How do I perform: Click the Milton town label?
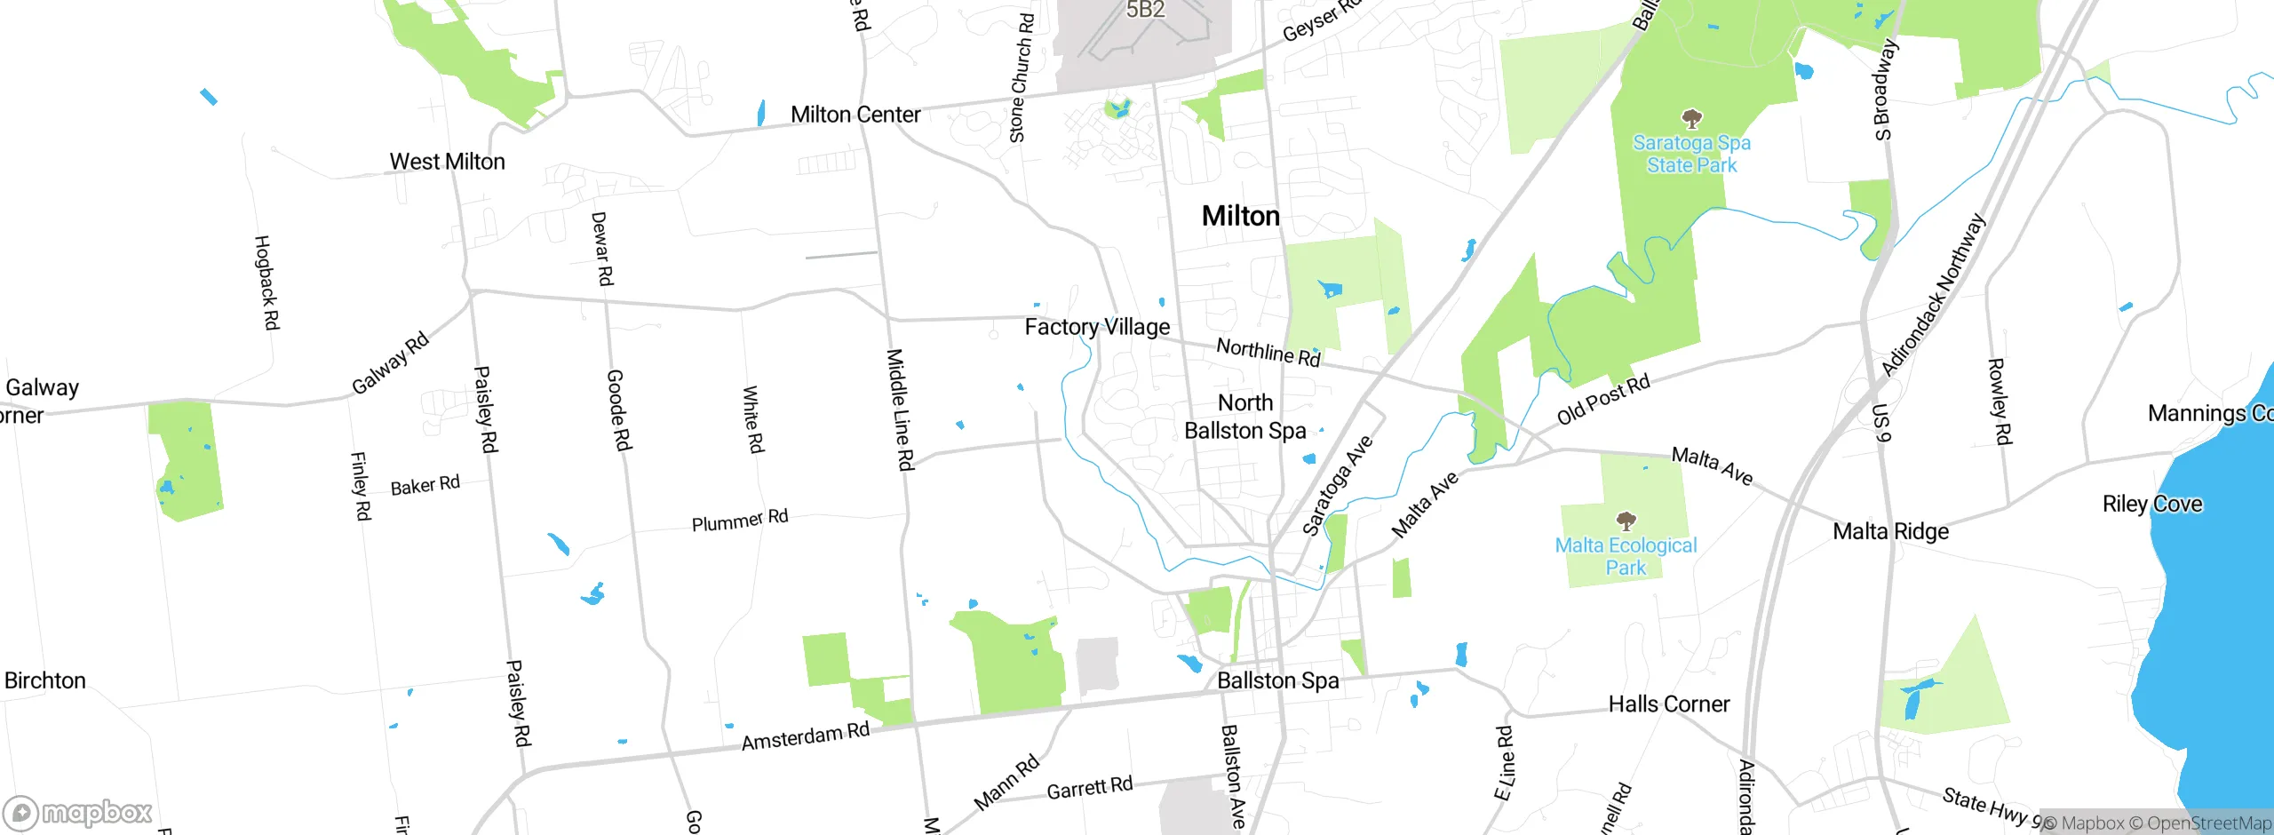click(1240, 216)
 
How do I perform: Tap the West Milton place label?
click(447, 162)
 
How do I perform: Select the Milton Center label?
click(855, 115)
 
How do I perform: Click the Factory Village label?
click(1097, 327)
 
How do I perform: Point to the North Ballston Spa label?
click(1245, 417)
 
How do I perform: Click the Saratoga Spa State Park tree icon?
click(1692, 118)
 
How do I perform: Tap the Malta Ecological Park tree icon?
click(1626, 520)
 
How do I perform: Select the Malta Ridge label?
click(1890, 531)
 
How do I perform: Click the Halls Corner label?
click(1668, 704)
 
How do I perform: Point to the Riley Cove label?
click(2151, 504)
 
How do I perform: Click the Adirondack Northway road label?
click(1933, 295)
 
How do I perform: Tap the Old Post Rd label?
click(1603, 399)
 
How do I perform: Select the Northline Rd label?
click(1268, 352)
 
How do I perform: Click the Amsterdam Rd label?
click(805, 736)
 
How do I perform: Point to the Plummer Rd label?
click(739, 521)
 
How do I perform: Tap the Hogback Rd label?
click(266, 282)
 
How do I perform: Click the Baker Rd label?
click(425, 485)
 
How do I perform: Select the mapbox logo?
click(78, 812)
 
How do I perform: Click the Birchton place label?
click(44, 680)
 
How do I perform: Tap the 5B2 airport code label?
click(1145, 10)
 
